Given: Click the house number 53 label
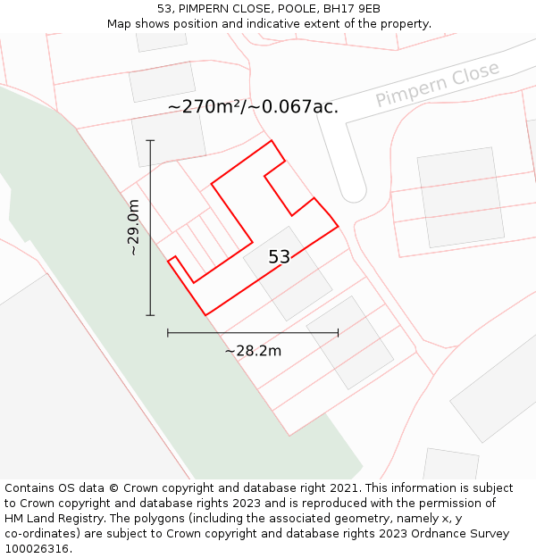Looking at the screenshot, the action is (x=279, y=257).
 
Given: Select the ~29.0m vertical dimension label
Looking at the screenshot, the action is (x=134, y=228).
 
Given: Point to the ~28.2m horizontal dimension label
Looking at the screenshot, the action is (x=253, y=351).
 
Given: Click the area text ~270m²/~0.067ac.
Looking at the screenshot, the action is (x=253, y=107).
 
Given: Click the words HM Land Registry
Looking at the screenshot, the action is (x=53, y=519).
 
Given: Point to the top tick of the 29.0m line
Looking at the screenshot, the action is (x=150, y=140).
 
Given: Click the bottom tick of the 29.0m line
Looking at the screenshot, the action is (x=150, y=315).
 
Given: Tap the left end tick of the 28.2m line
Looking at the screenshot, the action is (x=168, y=333).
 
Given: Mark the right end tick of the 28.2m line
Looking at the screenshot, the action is (x=338, y=333).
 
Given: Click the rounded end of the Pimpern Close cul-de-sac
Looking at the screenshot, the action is (x=353, y=192).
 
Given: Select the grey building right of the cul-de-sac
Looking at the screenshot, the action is (x=461, y=196).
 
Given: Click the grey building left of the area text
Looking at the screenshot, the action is (x=168, y=138).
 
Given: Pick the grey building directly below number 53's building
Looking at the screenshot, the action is (x=349, y=342).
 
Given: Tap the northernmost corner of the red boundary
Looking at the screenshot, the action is (x=272, y=140).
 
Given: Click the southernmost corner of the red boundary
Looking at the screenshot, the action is (x=206, y=315).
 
